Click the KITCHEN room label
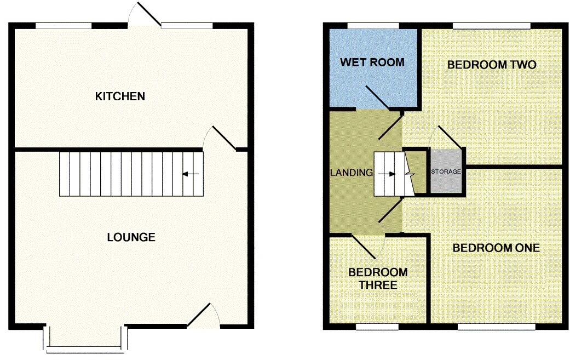(120, 96)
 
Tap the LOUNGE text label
(131, 237)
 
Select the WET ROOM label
(372, 62)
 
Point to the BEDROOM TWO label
(491, 65)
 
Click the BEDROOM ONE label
(496, 248)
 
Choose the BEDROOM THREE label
(378, 278)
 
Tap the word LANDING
(351, 173)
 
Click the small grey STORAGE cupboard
(446, 172)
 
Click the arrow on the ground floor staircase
(190, 174)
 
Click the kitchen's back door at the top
(145, 14)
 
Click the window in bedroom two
(492, 25)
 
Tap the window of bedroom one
(496, 327)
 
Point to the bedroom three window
(377, 327)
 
